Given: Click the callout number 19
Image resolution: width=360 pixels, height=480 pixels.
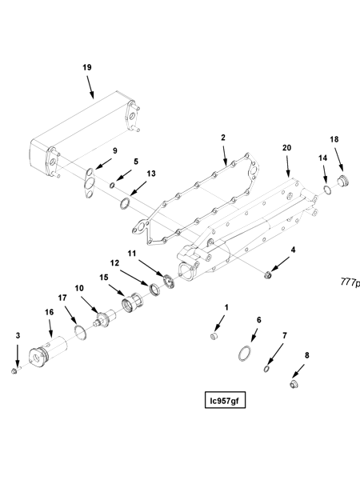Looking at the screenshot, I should coord(87,67).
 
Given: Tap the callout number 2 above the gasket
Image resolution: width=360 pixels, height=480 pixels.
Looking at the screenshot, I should coord(223,138).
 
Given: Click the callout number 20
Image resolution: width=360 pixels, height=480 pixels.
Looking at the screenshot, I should coord(287,149).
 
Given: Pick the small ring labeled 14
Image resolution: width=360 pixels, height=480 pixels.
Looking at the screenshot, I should coord(327,190).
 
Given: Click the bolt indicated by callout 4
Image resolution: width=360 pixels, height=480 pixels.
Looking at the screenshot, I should coord(270,276).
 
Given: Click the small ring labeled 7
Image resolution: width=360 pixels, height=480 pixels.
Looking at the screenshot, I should coord(266,367).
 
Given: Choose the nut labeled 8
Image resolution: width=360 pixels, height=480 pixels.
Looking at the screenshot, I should coord(294,386).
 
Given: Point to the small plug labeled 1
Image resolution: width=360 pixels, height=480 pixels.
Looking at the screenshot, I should coord(214,337).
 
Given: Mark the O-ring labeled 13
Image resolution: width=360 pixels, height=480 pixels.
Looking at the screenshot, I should coord(126,206).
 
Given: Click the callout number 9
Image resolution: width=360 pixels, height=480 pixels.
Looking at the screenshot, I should coord(114,150).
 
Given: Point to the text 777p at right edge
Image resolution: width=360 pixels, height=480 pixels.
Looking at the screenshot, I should coord(350,282).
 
